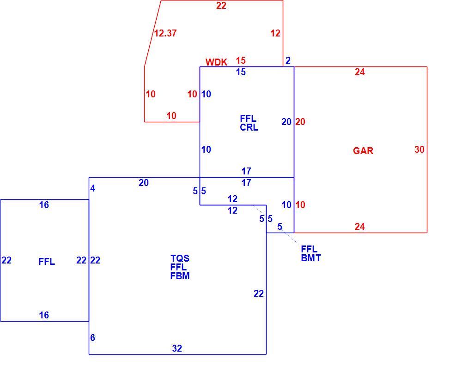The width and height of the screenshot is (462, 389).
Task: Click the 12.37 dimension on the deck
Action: (165, 33)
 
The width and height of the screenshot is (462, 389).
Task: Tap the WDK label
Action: (216, 62)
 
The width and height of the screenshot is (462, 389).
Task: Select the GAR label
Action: (363, 150)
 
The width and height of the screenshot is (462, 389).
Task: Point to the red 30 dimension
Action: (419, 150)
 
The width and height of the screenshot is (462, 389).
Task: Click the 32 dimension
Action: (177, 348)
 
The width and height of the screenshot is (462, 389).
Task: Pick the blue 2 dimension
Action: (288, 60)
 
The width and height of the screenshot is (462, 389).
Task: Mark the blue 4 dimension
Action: (92, 188)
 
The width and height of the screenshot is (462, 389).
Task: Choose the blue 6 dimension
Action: (92, 337)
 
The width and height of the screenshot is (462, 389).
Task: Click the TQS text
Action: (180, 258)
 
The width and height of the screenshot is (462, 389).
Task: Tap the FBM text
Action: (180, 276)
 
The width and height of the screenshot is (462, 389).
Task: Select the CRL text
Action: (249, 127)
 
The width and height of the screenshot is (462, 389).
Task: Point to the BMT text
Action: (311, 258)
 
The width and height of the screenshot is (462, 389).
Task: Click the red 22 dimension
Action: (221, 6)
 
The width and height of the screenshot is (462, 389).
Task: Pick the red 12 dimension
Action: (275, 33)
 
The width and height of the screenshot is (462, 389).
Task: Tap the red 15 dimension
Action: (241, 60)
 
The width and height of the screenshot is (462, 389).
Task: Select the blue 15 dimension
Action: (241, 72)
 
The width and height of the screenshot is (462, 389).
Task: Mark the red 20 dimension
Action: (300, 122)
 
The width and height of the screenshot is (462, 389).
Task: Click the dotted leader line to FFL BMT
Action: (276, 225)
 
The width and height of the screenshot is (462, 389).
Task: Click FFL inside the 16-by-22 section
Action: (47, 262)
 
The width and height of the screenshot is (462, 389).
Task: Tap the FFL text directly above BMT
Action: (309, 249)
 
